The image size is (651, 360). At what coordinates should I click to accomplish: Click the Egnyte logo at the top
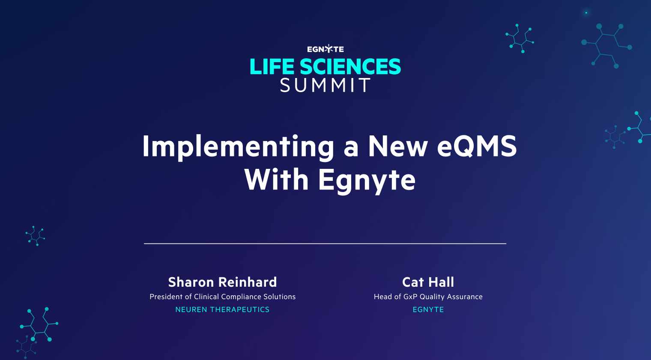tap(325, 49)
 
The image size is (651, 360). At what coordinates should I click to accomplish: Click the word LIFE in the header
tap(272, 67)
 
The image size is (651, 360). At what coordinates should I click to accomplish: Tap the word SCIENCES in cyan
tap(350, 67)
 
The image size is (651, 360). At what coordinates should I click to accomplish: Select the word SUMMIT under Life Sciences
tap(325, 85)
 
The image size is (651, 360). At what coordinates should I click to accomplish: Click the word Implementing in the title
tap(238, 147)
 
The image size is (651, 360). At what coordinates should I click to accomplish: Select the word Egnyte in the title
tap(367, 180)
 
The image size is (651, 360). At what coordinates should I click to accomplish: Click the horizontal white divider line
tap(325, 243)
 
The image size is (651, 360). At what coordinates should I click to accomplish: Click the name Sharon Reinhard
tap(222, 282)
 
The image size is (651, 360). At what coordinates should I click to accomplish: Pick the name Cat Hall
tap(428, 282)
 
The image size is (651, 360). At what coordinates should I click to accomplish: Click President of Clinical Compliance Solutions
tap(222, 297)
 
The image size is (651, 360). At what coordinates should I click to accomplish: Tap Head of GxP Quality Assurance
tap(428, 297)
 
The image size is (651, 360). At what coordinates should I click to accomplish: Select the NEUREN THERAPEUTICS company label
tap(222, 309)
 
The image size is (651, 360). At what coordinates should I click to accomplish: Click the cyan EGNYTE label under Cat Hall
tap(428, 309)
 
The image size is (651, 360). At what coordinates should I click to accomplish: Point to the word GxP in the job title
tap(410, 297)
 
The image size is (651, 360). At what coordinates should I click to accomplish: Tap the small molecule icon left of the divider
tap(35, 236)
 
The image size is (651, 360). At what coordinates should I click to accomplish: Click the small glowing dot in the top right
tap(586, 13)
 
